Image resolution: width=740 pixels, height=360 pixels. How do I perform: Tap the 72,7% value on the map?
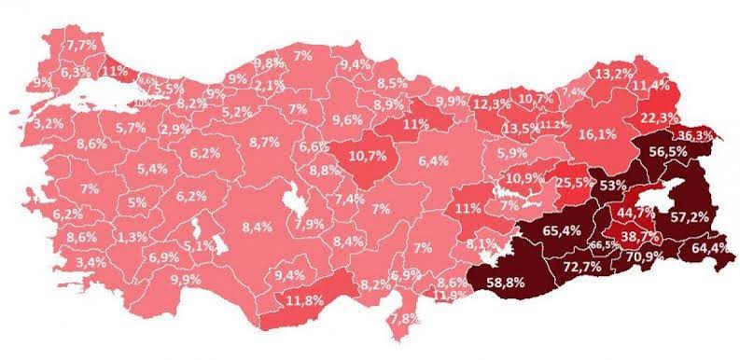click(581, 268)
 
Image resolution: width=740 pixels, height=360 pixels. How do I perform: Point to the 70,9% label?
click(647, 255)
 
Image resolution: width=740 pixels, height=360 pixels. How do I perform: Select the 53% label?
click(614, 185)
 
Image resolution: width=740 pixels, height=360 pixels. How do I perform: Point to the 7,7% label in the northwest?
click(80, 44)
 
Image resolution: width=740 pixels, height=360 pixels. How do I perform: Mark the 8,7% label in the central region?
click(265, 142)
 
